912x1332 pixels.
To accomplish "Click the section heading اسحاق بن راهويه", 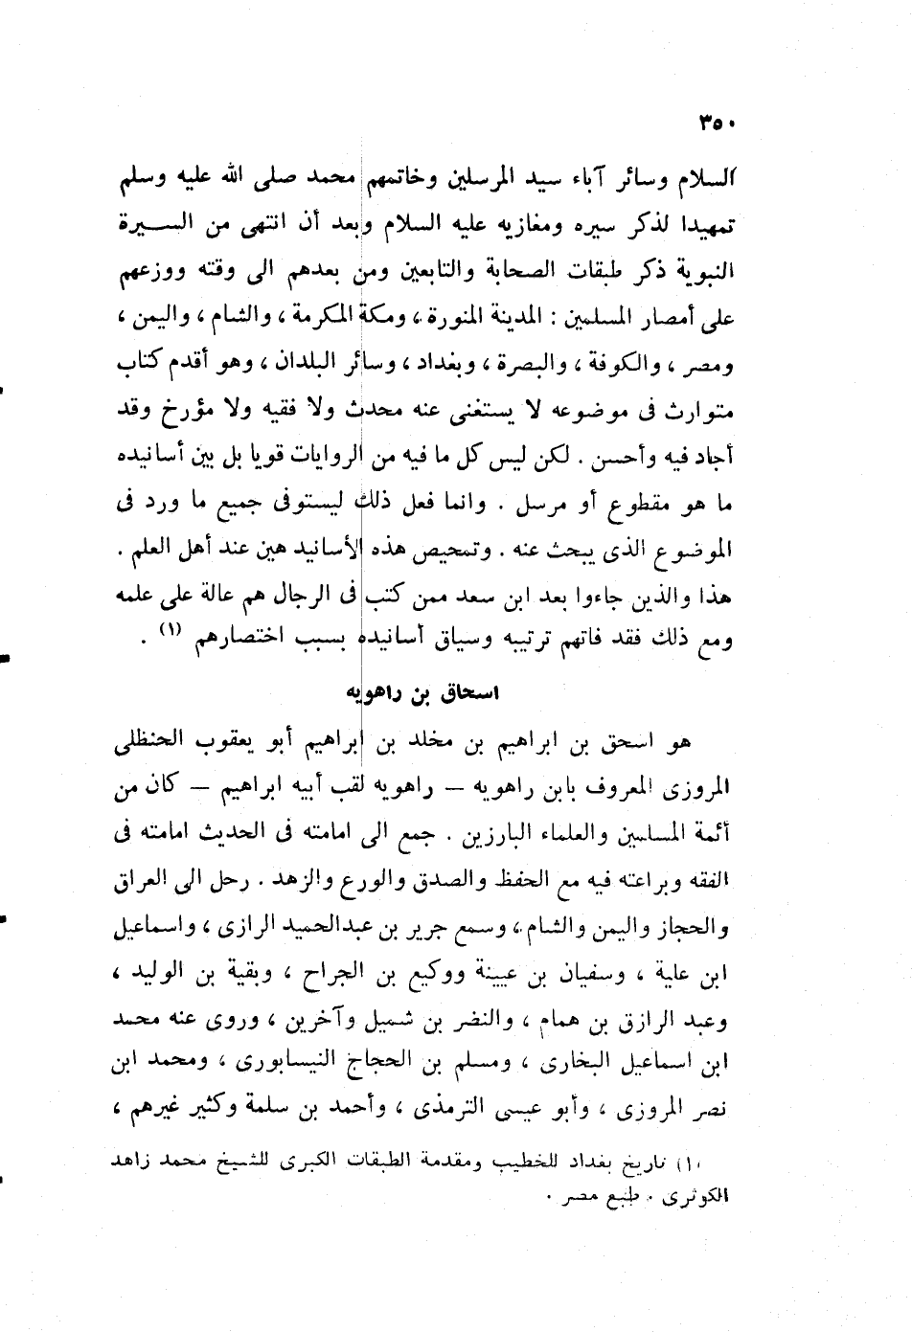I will [423, 692].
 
